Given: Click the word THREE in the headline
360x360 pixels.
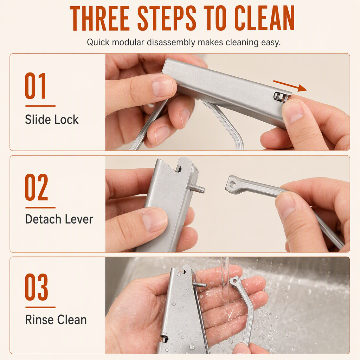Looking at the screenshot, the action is pyautogui.click(x=99, y=18).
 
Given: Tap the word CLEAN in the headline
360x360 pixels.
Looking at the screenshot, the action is pyautogui.click(x=264, y=18).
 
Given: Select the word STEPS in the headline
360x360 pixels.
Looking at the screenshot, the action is pyautogui.click(x=167, y=18).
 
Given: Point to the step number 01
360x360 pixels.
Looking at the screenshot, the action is pyautogui.click(x=36, y=86).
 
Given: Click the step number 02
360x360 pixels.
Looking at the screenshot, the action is pyautogui.click(x=36, y=187).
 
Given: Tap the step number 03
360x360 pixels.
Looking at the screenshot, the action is pyautogui.click(x=36, y=287).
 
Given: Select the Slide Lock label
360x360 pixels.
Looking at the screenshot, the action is pyautogui.click(x=52, y=120).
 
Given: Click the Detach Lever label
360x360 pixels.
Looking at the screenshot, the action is pyautogui.click(x=59, y=219).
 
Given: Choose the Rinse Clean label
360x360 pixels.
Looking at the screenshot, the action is pyautogui.click(x=56, y=320).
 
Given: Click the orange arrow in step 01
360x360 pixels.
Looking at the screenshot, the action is pyautogui.click(x=290, y=86).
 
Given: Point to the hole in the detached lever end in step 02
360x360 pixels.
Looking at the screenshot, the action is pyautogui.click(x=233, y=184).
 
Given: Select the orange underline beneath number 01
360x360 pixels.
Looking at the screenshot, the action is pyautogui.click(x=40, y=106).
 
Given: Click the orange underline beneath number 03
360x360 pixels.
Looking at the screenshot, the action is pyautogui.click(x=40, y=307).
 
